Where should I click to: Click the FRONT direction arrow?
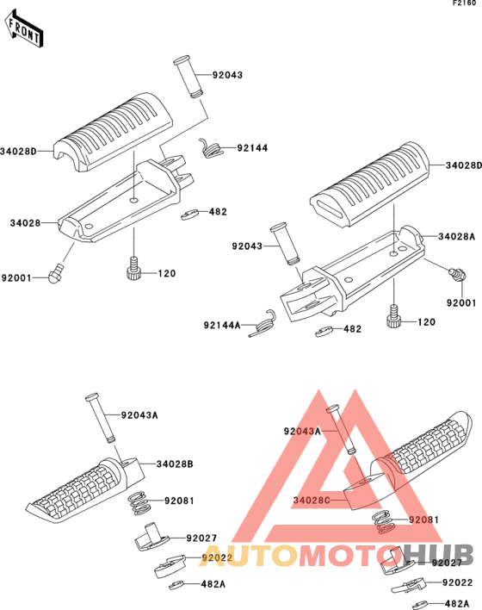pyautogui.click(x=24, y=28)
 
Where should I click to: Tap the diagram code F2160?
pyautogui.click(x=464, y=3)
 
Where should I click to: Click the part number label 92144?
pyautogui.click(x=252, y=148)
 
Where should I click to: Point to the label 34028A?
pyautogui.click(x=457, y=237)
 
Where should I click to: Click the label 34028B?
pyautogui.click(x=175, y=464)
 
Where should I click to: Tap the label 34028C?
pyautogui.click(x=312, y=501)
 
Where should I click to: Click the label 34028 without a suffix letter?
pyautogui.click(x=25, y=223)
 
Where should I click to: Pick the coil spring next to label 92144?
pyautogui.click(x=211, y=148)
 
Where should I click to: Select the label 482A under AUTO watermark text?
pyautogui.click(x=213, y=584)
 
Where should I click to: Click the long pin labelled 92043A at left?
pyautogui.click(x=101, y=418)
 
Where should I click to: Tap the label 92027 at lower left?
pyautogui.click(x=201, y=538)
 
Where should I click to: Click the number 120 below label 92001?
pyautogui.click(x=426, y=322)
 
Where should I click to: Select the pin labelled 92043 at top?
pyautogui.click(x=188, y=77)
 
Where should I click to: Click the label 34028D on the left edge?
pyautogui.click(x=18, y=151)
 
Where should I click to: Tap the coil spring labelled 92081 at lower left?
pyautogui.click(x=138, y=503)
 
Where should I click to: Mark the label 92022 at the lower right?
pyautogui.click(x=458, y=582)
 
